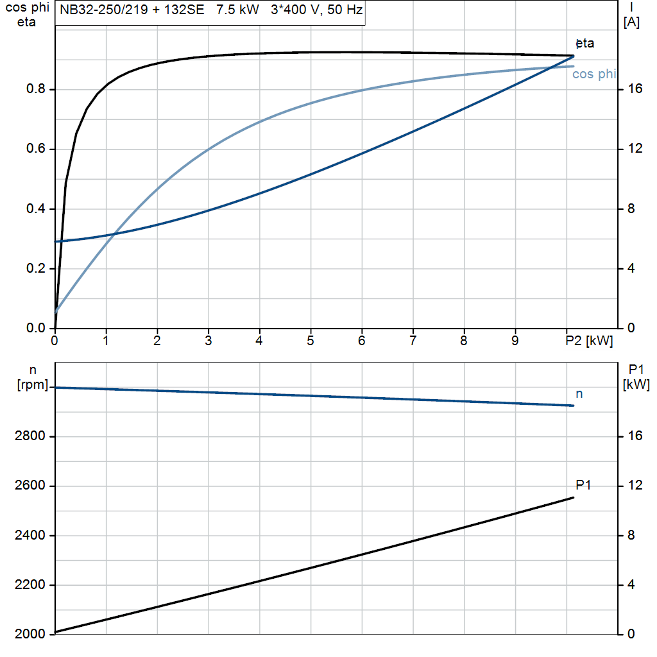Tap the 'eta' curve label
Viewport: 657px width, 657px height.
[x=585, y=44]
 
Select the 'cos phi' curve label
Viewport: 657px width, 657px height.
[x=593, y=74]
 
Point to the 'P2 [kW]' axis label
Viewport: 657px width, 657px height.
[x=589, y=341]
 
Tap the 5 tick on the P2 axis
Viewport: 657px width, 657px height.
[x=311, y=341]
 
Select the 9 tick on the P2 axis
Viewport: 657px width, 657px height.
[x=515, y=341]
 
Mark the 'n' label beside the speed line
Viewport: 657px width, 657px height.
[x=579, y=394]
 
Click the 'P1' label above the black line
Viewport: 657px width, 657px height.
[x=583, y=485]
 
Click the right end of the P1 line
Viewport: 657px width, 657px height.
[x=574, y=497]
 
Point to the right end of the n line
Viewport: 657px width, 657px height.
[x=574, y=405]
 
